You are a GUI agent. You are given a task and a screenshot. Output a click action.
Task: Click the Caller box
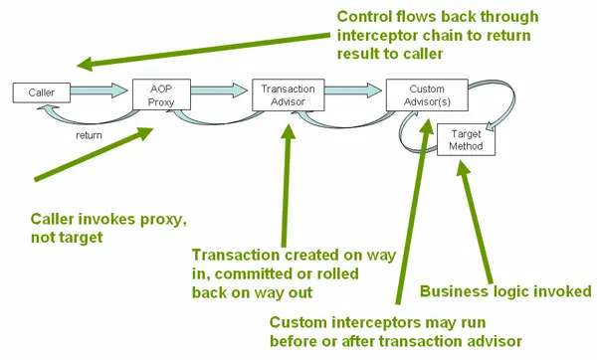(x=41, y=92)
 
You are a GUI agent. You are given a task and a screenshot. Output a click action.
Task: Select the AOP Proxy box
(x=161, y=92)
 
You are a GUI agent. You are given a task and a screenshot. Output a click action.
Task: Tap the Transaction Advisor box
(x=282, y=92)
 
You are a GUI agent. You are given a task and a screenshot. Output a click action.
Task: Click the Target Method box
(x=466, y=138)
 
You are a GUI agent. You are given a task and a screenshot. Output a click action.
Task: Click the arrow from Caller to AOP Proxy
(x=100, y=91)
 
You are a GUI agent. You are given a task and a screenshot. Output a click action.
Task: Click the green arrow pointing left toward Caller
(x=199, y=50)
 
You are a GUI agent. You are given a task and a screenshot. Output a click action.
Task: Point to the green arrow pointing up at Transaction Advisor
(x=290, y=179)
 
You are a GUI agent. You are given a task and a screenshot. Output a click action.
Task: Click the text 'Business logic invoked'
(x=505, y=290)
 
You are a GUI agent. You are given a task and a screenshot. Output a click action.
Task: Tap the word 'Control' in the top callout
(x=364, y=17)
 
